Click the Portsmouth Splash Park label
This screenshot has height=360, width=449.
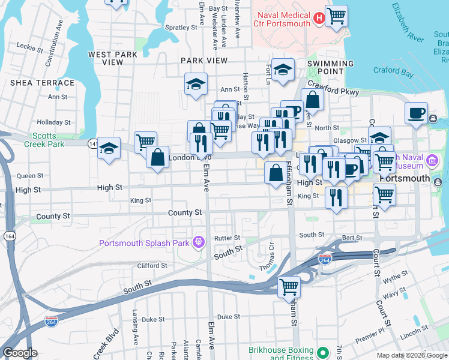tap(146, 243)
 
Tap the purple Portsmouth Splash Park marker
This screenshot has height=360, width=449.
tap(199, 243)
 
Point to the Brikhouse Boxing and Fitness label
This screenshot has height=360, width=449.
tap(282, 354)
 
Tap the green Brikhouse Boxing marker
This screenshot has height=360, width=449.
tap(323, 353)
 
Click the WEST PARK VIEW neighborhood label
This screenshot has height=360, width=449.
tap(113, 58)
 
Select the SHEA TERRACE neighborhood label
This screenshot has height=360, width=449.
tap(42, 83)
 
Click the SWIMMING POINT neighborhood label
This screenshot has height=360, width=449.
tap(330, 67)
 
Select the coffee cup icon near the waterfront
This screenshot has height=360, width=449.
tap(416, 112)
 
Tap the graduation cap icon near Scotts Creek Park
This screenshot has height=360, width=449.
tap(109, 148)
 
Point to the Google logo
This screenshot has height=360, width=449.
tap(20, 353)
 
